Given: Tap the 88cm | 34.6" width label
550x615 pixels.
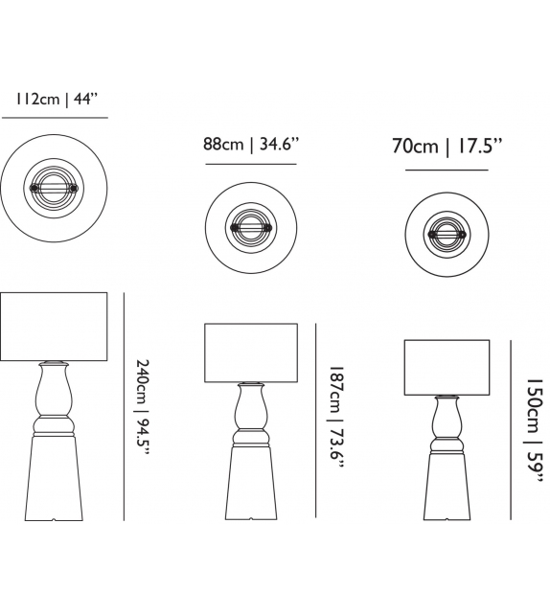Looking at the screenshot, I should click(251, 145).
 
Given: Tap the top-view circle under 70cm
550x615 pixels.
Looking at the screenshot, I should click(446, 231).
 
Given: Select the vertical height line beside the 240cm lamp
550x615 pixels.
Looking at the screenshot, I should click(124, 406).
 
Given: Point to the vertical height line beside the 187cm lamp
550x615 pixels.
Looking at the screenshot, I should click(317, 421).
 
